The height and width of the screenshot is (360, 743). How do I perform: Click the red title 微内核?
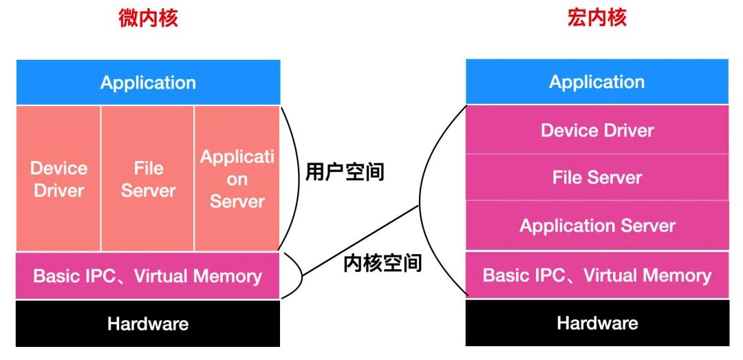tap(148, 18)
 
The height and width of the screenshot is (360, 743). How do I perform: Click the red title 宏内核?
tap(596, 18)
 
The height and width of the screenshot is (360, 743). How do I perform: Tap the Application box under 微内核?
tap(148, 83)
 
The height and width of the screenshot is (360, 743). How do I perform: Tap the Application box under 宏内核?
tap(597, 82)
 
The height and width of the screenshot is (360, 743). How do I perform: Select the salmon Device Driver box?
tap(58, 179)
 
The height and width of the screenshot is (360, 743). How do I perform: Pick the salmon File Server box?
tap(148, 179)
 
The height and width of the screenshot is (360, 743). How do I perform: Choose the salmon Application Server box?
tap(237, 179)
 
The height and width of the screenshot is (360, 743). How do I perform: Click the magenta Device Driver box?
tap(597, 130)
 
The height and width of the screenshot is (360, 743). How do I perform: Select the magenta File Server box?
tap(597, 178)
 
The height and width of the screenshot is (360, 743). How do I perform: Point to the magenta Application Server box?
tap(597, 226)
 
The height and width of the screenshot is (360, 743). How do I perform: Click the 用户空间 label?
tap(344, 171)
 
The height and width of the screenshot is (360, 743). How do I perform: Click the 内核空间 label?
tap(382, 262)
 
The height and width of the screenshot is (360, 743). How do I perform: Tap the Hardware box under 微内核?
tap(148, 324)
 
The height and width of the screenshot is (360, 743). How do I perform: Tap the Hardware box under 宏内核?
tap(597, 323)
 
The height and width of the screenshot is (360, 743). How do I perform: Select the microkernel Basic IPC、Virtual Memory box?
tap(148, 277)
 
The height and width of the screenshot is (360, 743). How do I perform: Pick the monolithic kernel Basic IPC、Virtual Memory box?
tap(597, 276)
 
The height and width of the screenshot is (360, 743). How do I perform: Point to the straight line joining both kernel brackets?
tap(361, 240)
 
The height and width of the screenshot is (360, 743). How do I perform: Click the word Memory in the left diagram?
tap(228, 277)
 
